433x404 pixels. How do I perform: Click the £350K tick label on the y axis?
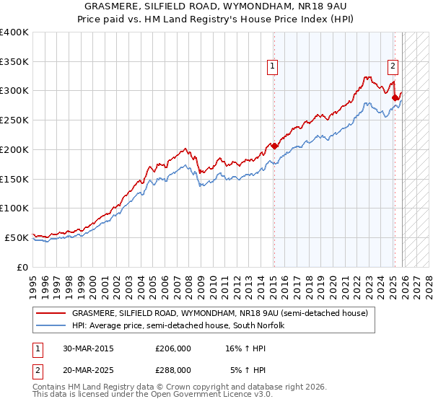click(14, 62)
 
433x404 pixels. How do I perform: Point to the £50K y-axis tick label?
click(17, 237)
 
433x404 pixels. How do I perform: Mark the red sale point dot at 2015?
click(274, 146)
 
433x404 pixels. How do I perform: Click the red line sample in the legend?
click(51, 314)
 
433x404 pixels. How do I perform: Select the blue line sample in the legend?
click(51, 326)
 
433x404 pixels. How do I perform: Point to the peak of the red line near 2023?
click(368, 76)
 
